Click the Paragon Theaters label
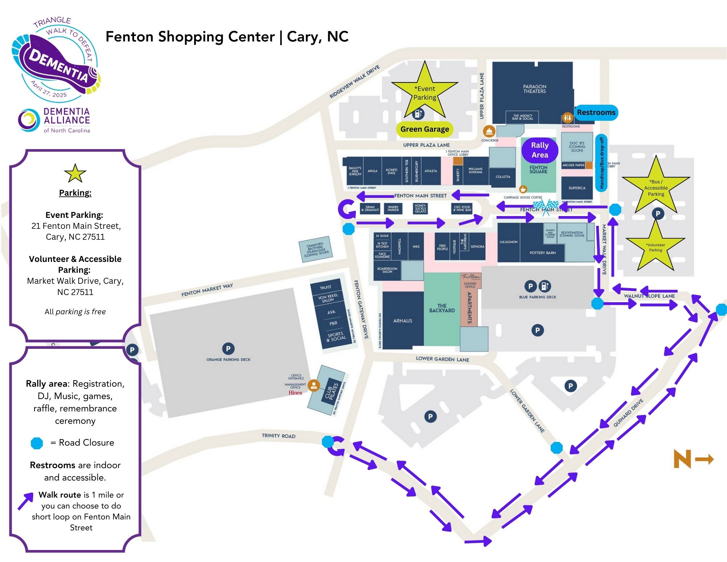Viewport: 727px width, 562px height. (x=534, y=89)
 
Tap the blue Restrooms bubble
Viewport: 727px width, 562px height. (x=596, y=112)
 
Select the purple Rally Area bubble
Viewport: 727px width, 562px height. (x=540, y=150)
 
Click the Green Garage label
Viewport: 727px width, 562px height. (x=425, y=129)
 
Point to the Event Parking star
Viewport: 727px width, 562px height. (x=425, y=93)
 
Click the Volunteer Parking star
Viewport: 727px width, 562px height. (x=655, y=247)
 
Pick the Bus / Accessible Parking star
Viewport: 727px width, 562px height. (x=656, y=188)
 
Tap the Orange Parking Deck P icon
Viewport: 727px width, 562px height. (x=228, y=348)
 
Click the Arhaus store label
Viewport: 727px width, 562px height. (x=403, y=321)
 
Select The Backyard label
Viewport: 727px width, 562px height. (x=442, y=308)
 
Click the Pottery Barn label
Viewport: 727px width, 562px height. (x=543, y=253)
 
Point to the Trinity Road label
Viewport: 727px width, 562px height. (x=278, y=436)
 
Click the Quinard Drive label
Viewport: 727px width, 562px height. (x=628, y=413)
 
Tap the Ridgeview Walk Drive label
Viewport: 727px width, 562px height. (x=354, y=82)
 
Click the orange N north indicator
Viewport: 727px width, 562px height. (x=682, y=459)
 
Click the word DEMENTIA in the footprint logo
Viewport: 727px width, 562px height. (x=58, y=65)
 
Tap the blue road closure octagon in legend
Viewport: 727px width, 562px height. (x=37, y=443)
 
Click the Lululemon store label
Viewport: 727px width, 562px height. (x=508, y=242)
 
